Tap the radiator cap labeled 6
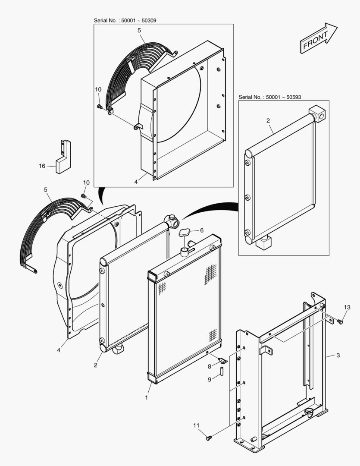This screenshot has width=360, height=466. coord(185,233)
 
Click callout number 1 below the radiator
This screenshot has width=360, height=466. coord(147,397)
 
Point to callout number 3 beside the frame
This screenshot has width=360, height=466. coord(338,355)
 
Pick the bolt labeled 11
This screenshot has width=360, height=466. coord(209,438)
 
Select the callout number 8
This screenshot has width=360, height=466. coord(210,366)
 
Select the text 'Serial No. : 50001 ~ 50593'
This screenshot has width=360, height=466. coord(270,98)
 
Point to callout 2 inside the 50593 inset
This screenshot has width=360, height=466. coord(268,120)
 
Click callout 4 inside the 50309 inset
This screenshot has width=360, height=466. coord(136,182)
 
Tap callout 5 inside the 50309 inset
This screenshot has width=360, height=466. coord(139,31)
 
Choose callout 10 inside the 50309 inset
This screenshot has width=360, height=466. coord(98,89)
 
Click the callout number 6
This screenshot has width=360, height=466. coord(201,230)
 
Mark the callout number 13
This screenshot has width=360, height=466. coord(347,307)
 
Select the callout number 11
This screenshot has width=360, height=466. coord(197,425)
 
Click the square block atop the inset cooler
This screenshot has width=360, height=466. coord(318,113)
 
